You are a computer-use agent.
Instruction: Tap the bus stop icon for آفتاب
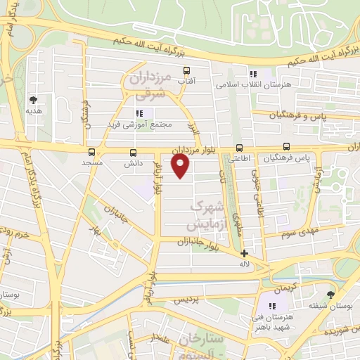(x=186, y=70)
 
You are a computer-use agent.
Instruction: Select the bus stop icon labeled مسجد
(x=91, y=152)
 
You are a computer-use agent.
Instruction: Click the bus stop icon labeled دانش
(x=134, y=152)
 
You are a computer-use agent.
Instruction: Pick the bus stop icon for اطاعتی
(x=240, y=148)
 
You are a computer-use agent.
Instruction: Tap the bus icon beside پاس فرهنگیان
(x=286, y=147)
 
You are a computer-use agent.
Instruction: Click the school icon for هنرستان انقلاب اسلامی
(x=253, y=75)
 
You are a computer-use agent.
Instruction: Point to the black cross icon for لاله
(x=244, y=253)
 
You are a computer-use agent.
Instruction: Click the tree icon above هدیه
(x=33, y=100)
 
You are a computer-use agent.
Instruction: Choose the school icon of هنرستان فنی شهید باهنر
(x=271, y=307)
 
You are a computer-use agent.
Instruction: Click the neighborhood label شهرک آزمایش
(x=209, y=216)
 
